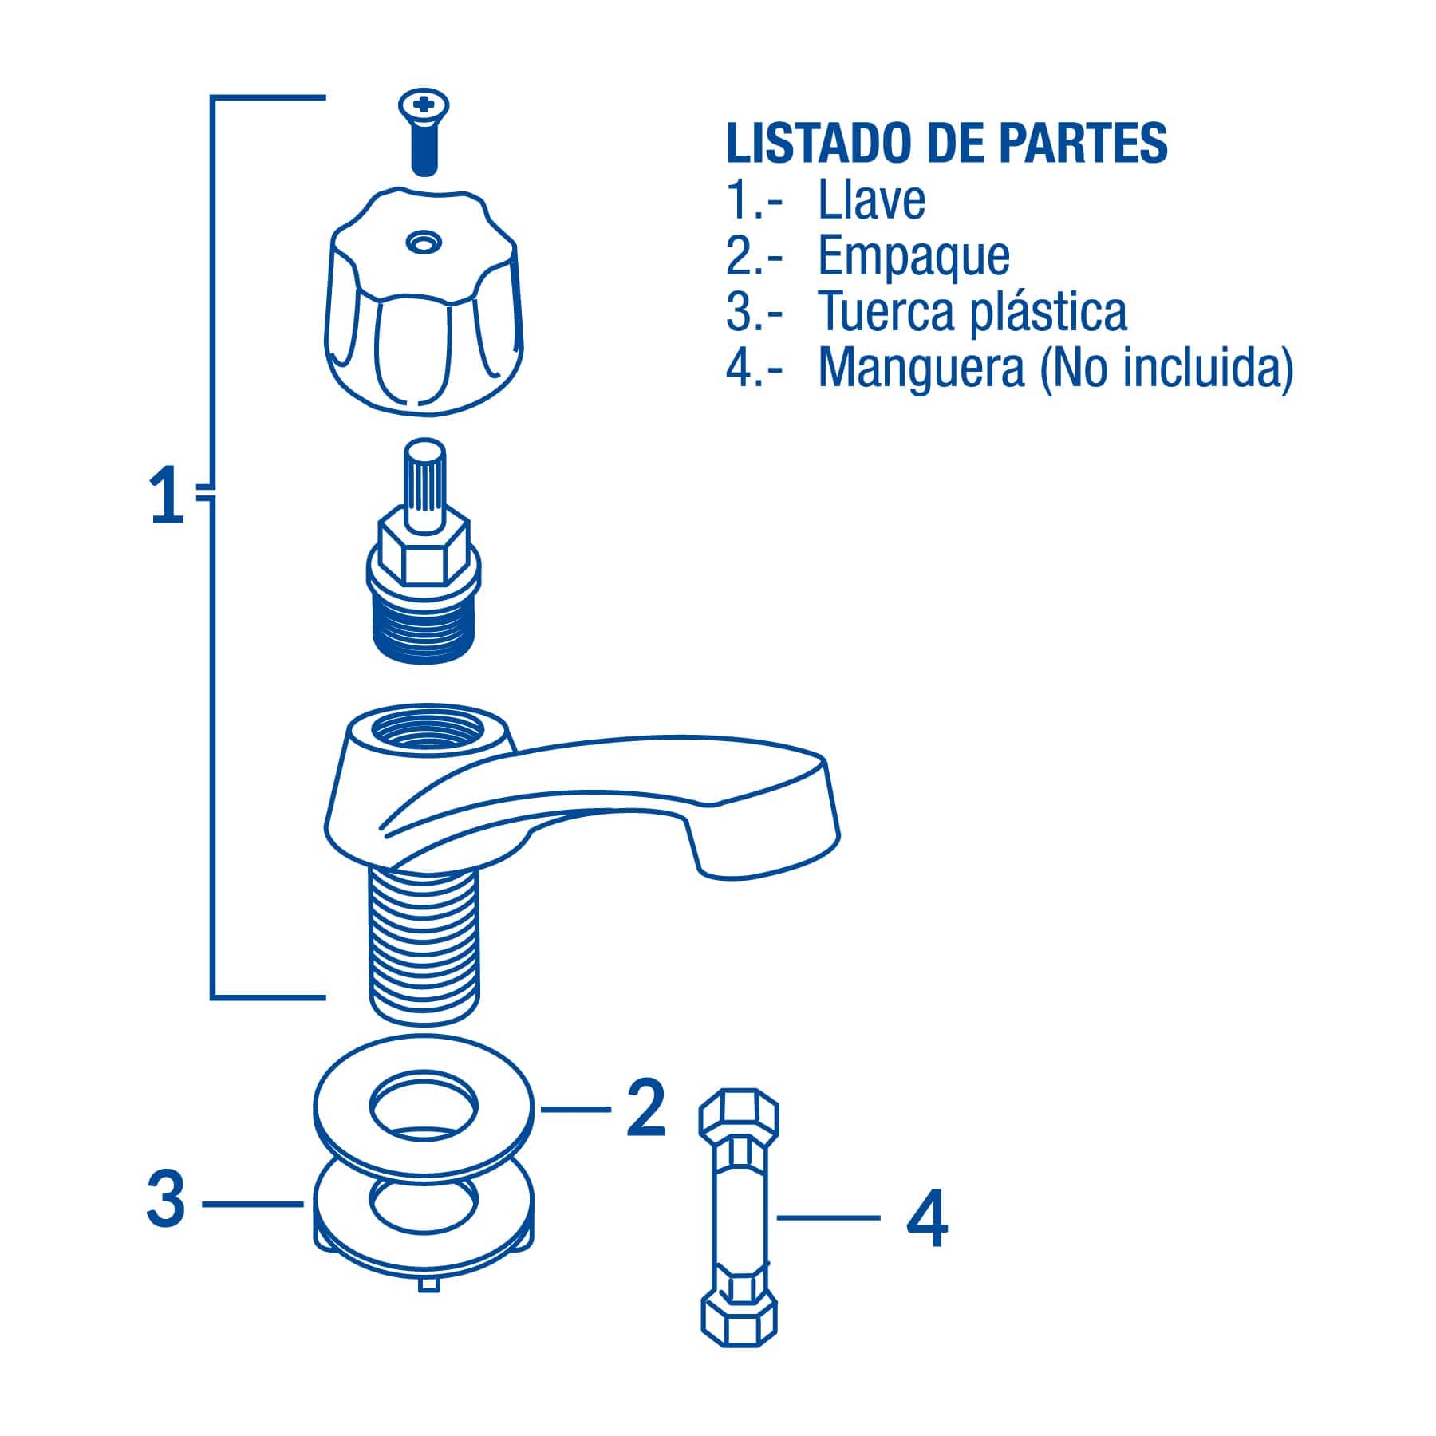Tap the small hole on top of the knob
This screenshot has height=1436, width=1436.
tap(423, 241)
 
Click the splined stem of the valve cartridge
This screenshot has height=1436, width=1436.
tap(424, 483)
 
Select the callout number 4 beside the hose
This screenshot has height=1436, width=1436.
tap(927, 1218)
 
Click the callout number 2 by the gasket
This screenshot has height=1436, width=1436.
tap(645, 1109)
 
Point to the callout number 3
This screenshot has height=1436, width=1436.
tap(166, 1201)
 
